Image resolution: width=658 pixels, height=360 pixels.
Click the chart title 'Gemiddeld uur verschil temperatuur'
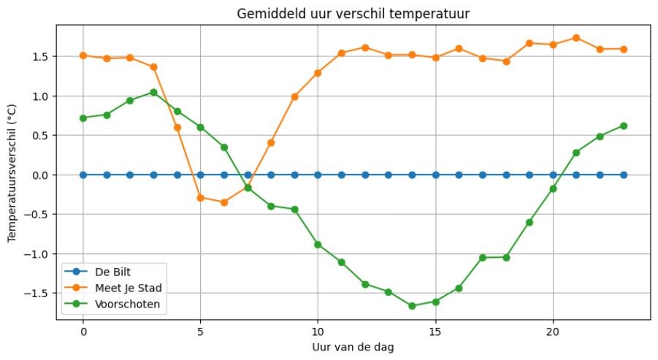click(353, 14)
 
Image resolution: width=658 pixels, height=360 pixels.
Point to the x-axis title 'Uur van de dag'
click(353, 348)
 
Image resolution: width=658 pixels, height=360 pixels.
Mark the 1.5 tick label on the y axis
click(41, 57)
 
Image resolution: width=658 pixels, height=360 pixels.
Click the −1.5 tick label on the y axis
click(38, 294)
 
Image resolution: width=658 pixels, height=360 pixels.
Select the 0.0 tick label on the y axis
click(41, 175)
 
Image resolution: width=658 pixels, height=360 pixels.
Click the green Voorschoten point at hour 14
click(412, 306)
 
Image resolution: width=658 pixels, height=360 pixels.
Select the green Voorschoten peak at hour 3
click(153, 93)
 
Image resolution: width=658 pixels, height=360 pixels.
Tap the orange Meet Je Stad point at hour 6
click(224, 202)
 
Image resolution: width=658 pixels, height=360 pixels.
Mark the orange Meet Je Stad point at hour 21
click(576, 38)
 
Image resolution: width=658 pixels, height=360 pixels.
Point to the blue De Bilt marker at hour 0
click(83, 175)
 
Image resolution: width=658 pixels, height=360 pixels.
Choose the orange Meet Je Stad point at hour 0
click(83, 55)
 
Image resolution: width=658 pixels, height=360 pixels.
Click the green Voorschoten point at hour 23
click(623, 126)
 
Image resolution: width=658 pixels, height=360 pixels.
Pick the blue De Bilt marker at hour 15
click(435, 175)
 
